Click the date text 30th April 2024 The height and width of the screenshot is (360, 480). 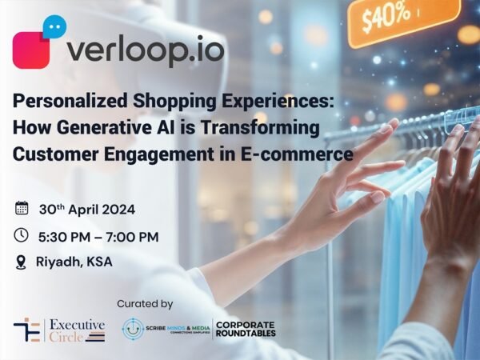coord(87,210)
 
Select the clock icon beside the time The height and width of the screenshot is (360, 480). coord(22,236)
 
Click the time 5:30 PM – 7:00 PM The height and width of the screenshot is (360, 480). coord(98,237)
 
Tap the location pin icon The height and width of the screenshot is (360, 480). coord(22,262)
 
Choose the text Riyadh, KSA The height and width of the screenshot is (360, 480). coord(74,262)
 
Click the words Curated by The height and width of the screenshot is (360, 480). coord(146,304)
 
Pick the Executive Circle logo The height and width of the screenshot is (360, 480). coord(59,329)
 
